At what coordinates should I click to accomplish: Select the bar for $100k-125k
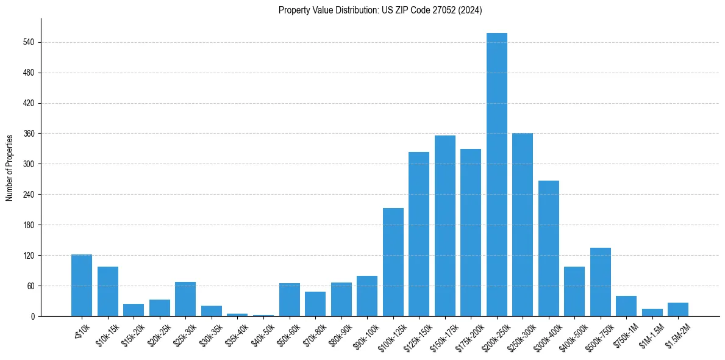click(x=393, y=262)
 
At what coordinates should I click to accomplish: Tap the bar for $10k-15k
click(x=107, y=292)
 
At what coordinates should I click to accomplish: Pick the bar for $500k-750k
click(x=600, y=282)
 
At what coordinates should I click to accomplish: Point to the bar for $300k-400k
click(x=548, y=248)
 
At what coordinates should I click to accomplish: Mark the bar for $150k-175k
click(x=445, y=226)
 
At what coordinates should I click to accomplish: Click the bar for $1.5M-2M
click(x=677, y=309)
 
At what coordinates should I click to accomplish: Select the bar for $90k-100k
click(x=366, y=296)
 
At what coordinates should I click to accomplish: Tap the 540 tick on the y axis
click(x=31, y=42)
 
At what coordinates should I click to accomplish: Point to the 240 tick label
click(x=31, y=195)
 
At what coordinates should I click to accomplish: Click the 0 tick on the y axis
click(x=35, y=316)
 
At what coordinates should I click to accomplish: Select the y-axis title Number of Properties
click(x=10, y=167)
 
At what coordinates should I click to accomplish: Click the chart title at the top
click(x=380, y=10)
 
